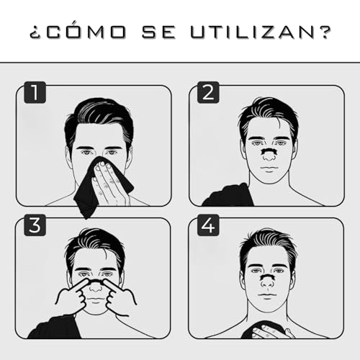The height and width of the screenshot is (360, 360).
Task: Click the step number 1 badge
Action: pos(33,93)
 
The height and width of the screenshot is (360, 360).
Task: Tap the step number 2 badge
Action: pos(209,93)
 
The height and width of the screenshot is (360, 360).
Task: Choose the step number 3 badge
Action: pos(33,226)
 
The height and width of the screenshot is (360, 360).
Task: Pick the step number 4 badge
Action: pos(209,226)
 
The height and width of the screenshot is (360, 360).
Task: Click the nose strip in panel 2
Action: pos(268,153)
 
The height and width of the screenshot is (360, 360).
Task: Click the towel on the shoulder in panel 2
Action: pos(227,194)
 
